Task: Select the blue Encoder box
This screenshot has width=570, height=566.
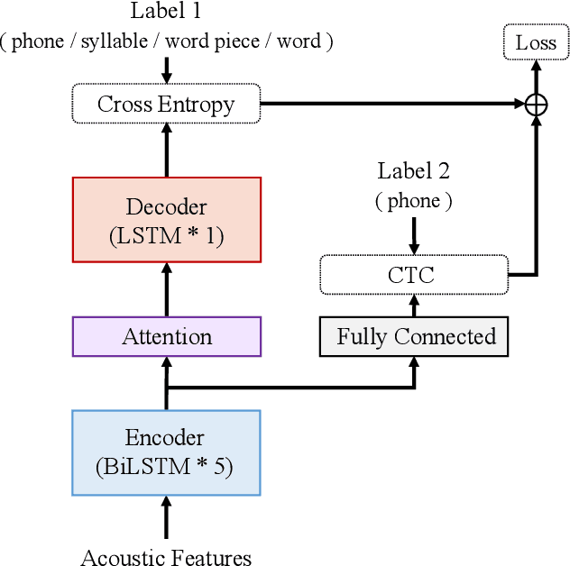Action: [166, 452]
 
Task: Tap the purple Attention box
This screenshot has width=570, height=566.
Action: [166, 337]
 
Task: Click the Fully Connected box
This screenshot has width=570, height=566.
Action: [415, 337]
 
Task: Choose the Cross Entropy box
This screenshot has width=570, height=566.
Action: [166, 104]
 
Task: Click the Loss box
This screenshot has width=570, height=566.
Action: [536, 42]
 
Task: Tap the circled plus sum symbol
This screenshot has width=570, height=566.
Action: [536, 105]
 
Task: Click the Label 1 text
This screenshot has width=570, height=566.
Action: [166, 12]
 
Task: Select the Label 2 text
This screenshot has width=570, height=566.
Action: [414, 171]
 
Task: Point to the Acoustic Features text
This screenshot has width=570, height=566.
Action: [166, 557]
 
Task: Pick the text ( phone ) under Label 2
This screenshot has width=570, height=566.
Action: [414, 201]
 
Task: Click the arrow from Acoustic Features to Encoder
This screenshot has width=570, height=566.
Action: [166, 520]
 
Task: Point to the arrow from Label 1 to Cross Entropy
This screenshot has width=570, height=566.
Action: [166, 69]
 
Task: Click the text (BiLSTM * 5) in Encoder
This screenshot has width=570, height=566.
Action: [166, 468]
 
